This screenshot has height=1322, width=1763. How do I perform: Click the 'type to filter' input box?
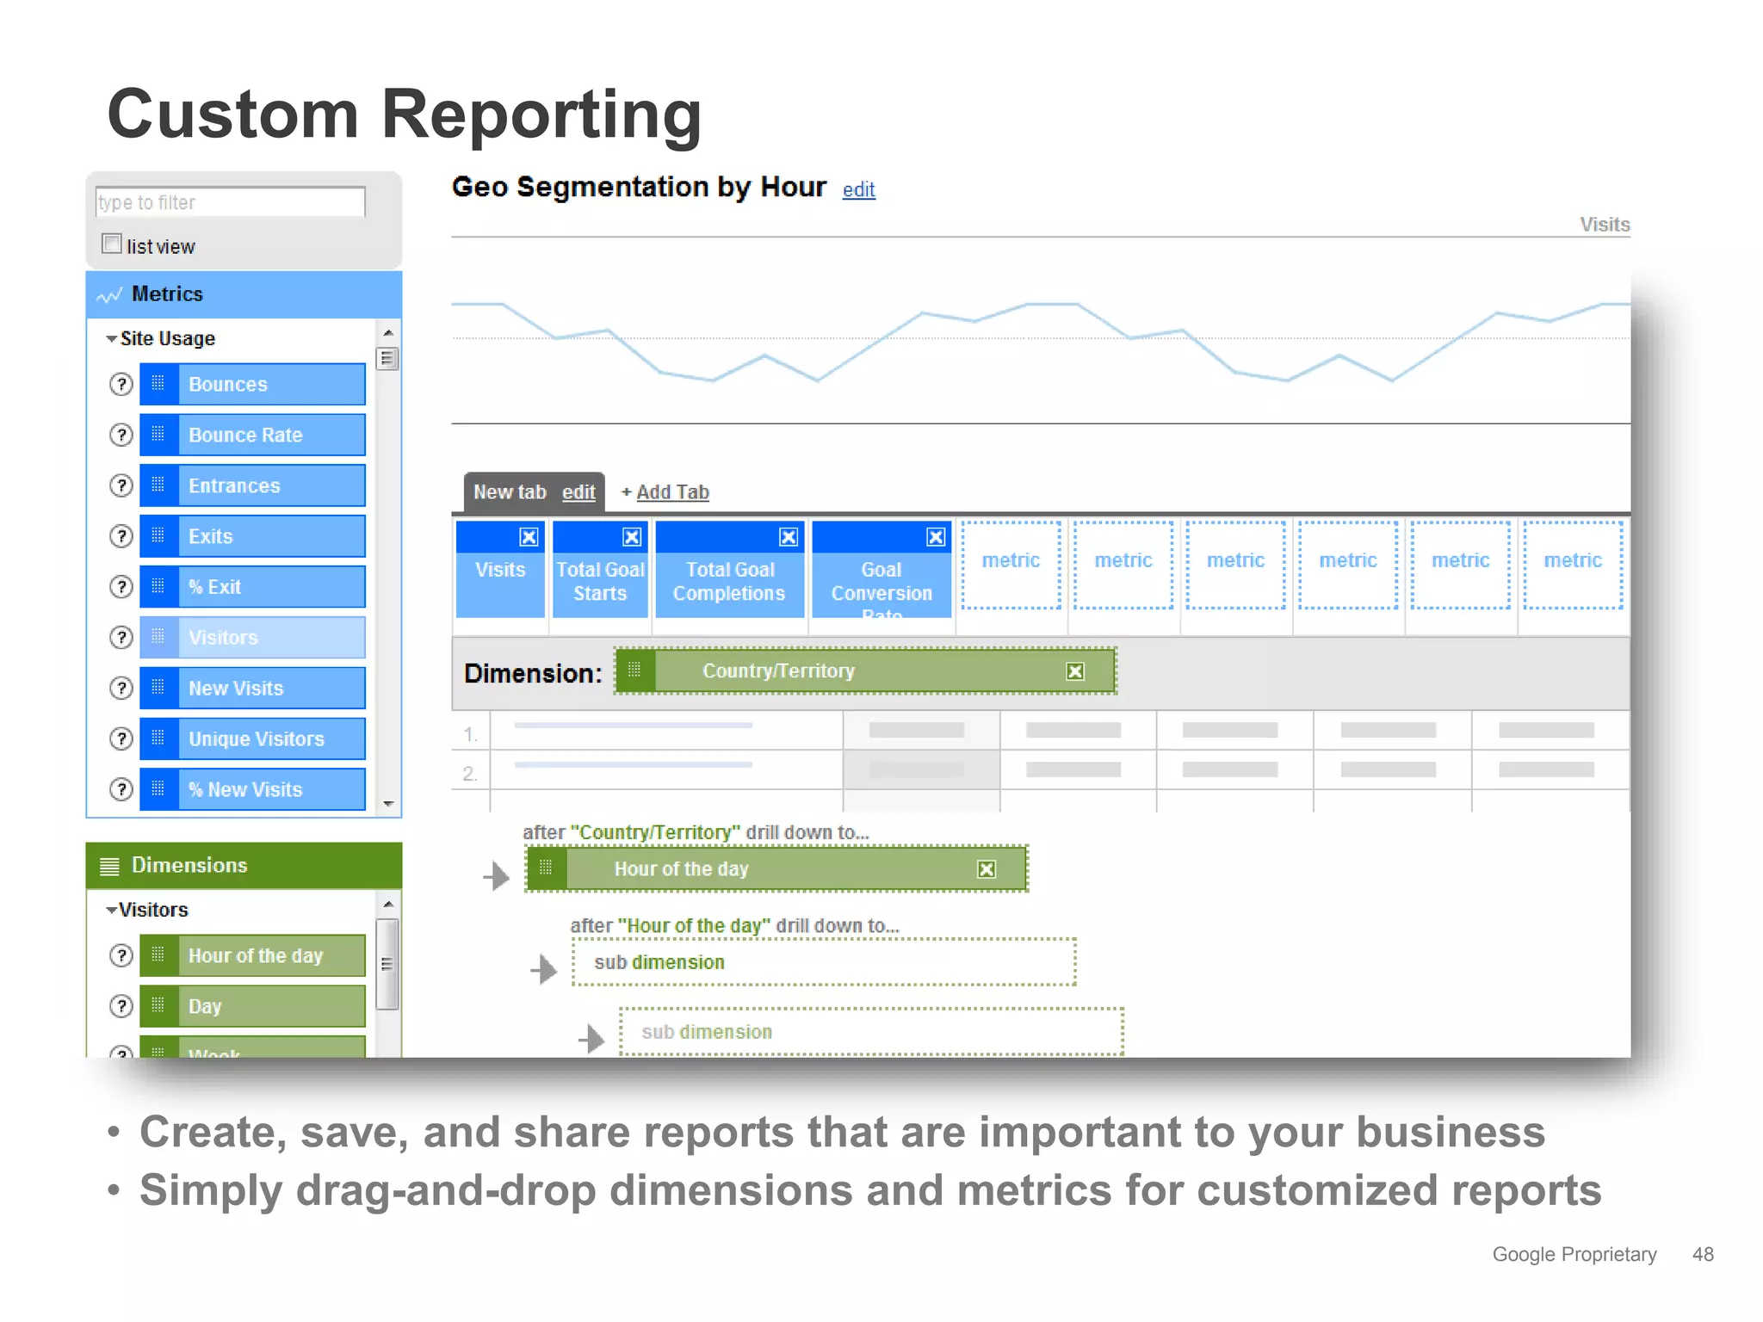[230, 202]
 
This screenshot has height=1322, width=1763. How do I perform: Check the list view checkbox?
[112, 244]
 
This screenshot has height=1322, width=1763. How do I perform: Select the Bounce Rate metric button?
[252, 435]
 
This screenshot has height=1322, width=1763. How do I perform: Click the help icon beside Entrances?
[121, 485]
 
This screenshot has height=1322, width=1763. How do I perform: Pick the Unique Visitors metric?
[252, 738]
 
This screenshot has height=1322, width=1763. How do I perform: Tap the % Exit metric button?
[252, 587]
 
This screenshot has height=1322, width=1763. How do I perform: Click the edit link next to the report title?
[858, 190]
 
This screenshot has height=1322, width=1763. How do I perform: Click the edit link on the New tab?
[578, 492]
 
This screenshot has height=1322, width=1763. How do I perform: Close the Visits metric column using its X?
[529, 537]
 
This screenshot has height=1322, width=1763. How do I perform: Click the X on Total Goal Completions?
[788, 537]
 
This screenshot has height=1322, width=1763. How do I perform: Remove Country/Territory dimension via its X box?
[1075, 671]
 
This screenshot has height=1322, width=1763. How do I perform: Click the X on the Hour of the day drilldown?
[987, 869]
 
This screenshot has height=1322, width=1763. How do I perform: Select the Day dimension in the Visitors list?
[252, 1006]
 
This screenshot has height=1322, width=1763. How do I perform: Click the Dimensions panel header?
[244, 865]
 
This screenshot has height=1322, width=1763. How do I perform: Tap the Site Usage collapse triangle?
[111, 339]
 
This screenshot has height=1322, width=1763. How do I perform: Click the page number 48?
[1702, 1254]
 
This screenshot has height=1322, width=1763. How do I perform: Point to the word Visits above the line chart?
[1604, 225]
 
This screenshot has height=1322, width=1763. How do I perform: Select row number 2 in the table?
[470, 773]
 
